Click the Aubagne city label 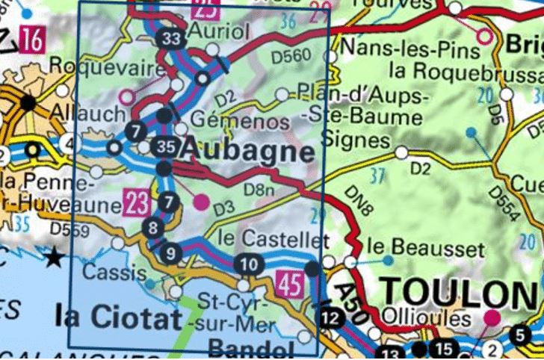click(x=246, y=150)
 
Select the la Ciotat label click(x=119, y=317)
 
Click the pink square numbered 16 click(x=32, y=38)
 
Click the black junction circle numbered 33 click(x=171, y=40)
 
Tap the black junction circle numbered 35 click(x=166, y=147)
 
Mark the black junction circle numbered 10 click(x=250, y=264)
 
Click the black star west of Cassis click(x=54, y=259)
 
